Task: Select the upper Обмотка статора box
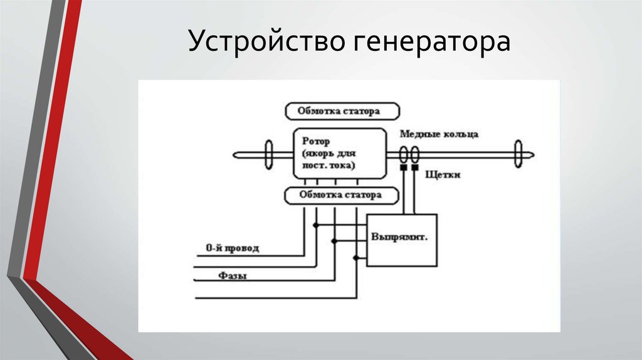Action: [x=342, y=112]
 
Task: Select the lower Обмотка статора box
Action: [x=342, y=195]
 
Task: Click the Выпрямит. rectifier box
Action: [x=401, y=240]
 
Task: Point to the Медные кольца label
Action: [x=439, y=134]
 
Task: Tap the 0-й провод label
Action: [x=233, y=248]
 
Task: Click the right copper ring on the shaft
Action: [x=414, y=154]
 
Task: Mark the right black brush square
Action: [x=414, y=168]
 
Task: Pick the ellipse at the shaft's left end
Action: [x=269, y=154]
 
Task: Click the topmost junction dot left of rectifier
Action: [x=316, y=225]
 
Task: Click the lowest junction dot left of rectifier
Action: [x=356, y=257]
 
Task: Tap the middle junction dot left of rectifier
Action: [x=335, y=240]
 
